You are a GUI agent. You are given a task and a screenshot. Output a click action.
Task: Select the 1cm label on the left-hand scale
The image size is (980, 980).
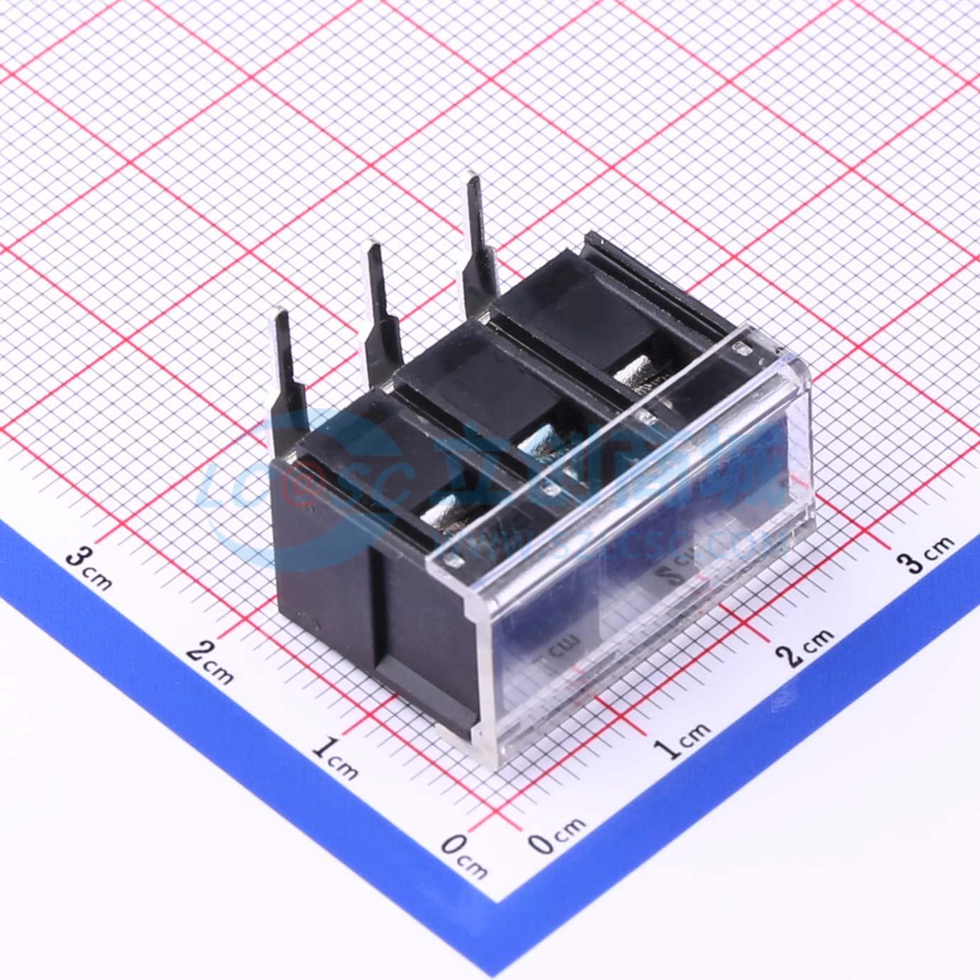(x=334, y=758)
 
